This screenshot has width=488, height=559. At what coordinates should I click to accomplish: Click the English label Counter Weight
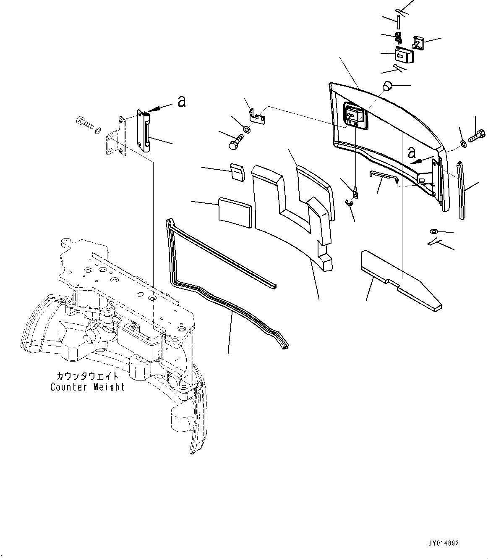point(87,387)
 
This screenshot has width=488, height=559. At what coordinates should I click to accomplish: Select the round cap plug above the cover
point(386,87)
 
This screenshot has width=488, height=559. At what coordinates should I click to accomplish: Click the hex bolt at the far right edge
point(477,136)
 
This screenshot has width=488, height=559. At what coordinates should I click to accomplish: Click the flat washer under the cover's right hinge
point(433,231)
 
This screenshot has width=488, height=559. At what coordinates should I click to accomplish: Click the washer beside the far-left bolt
point(98,129)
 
